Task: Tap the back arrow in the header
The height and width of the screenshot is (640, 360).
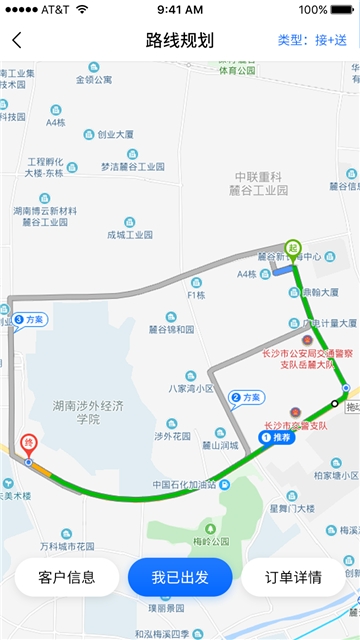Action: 17,41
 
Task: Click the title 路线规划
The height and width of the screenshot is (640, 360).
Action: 179,41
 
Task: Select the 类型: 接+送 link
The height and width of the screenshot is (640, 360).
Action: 312,41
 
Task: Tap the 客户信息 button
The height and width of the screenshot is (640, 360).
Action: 66,577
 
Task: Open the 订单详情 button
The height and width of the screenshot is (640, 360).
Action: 293,577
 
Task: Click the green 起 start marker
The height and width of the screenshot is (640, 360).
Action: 292,248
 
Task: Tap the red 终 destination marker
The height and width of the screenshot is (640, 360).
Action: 29,442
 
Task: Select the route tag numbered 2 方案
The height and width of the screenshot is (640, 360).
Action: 247,398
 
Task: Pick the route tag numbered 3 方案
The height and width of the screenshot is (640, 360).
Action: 30,320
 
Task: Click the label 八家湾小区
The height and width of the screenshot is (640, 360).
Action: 191,388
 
